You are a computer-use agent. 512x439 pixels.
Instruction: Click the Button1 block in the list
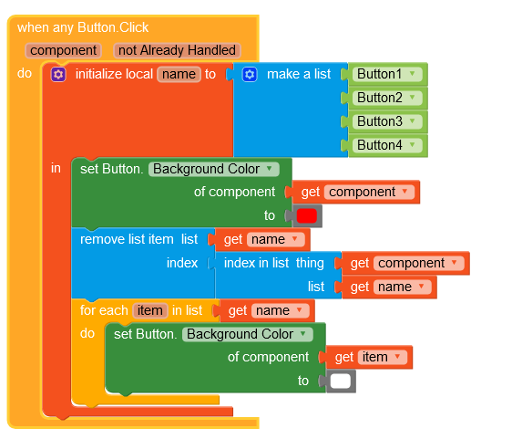coord(387,74)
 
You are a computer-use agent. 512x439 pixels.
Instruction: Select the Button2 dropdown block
coord(387,98)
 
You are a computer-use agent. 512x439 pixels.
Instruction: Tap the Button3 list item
coord(387,121)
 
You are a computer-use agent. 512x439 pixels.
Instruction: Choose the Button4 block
coord(387,145)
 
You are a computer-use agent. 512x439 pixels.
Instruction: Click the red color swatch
coord(307,216)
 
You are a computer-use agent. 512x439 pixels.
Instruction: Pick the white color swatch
coord(340,382)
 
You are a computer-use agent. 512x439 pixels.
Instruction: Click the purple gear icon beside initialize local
coord(58,75)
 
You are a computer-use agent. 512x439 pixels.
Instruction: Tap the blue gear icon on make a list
coord(250,75)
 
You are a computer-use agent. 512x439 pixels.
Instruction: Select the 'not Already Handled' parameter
coord(177,50)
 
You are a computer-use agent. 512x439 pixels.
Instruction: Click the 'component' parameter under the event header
coord(64,50)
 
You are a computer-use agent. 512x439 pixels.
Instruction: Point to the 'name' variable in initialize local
coord(179,74)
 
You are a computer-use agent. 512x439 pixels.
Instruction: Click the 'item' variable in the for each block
coord(150,310)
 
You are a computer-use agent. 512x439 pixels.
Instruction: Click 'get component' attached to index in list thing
coord(405,264)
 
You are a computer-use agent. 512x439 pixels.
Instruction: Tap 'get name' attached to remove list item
coord(262,239)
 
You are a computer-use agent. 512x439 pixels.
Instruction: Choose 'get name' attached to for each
coord(267,310)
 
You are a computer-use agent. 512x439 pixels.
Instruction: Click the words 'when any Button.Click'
coord(83,27)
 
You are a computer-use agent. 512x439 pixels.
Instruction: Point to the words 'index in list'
coord(256,263)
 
